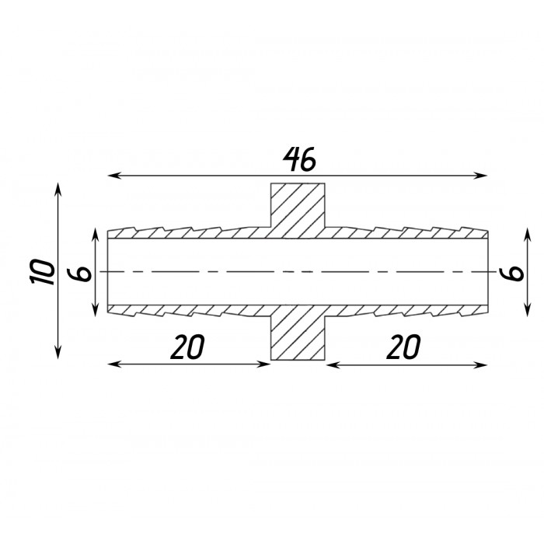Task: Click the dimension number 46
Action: (300, 159)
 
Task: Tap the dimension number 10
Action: (43, 272)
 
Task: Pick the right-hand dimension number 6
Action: (511, 273)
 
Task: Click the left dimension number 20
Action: (187, 347)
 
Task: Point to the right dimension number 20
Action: (403, 347)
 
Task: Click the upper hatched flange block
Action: (298, 211)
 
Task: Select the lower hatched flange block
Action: (298, 333)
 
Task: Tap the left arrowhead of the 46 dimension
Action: (114, 176)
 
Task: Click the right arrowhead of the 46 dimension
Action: (480, 176)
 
